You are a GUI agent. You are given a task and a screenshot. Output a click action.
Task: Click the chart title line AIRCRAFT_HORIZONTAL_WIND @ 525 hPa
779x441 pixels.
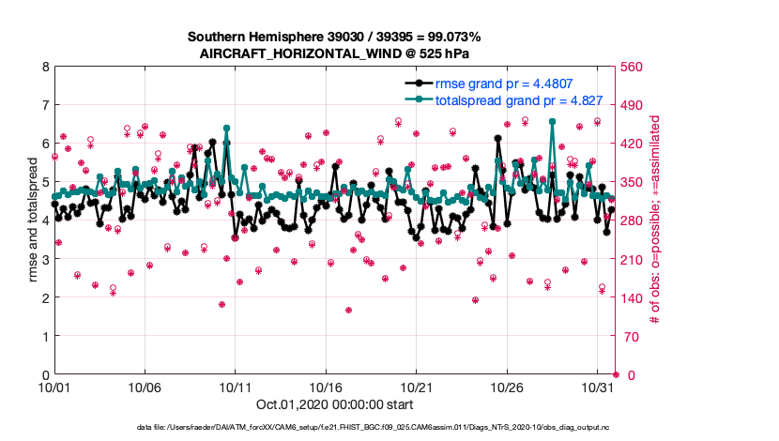(x=334, y=53)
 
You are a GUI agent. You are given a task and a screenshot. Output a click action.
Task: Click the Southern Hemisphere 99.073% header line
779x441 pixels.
(x=334, y=37)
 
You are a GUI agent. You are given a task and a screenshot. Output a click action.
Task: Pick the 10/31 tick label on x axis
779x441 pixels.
(x=598, y=387)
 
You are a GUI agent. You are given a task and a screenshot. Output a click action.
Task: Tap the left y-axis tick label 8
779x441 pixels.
(x=44, y=67)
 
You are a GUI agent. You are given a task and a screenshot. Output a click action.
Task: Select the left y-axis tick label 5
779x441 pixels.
(x=44, y=182)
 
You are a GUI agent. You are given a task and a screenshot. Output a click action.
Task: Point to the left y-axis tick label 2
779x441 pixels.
(x=44, y=297)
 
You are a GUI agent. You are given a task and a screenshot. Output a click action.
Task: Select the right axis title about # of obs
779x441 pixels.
(x=657, y=220)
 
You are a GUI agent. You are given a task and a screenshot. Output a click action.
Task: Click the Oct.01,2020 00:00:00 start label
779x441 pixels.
(x=326, y=406)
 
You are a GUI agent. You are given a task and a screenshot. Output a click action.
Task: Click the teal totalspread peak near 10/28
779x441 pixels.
(x=552, y=121)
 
